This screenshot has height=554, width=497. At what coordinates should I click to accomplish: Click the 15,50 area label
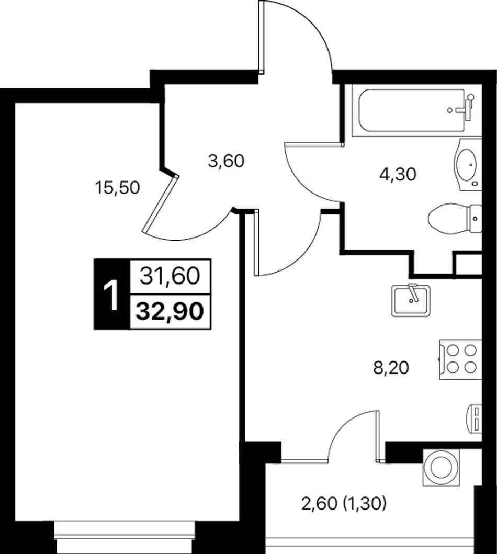118,188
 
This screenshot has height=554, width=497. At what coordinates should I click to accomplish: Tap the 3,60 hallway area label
227,162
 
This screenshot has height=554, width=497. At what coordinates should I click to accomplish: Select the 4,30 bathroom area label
398,174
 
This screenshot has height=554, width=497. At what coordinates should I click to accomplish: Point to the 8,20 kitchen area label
391,368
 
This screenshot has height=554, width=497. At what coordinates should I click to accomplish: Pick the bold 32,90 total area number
170,311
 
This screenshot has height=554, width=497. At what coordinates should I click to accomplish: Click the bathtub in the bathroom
417,110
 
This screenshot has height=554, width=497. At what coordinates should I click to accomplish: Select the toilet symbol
454,218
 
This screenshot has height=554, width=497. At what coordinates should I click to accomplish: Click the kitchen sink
411,300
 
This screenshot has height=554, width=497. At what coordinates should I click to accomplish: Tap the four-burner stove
460,359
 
